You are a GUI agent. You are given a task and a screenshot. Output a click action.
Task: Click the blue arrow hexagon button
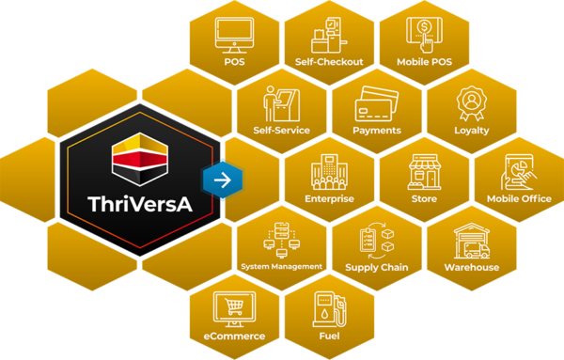[223, 179]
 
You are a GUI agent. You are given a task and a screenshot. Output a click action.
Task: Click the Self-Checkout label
[328, 63]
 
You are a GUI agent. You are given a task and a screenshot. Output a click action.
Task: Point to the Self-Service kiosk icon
[281, 102]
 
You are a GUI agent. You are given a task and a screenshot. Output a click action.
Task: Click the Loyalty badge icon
[471, 102]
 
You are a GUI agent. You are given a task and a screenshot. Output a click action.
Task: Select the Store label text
[424, 199]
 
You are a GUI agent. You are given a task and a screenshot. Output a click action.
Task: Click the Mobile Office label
[518, 199]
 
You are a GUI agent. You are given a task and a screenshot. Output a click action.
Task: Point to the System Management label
[282, 267]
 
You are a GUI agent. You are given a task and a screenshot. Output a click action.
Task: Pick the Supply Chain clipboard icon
[376, 239]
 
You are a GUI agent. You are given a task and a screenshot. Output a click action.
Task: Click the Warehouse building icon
[471, 240]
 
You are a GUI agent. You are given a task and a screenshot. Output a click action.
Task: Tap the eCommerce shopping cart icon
[235, 308]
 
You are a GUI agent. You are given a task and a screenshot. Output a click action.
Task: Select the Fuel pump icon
[328, 307]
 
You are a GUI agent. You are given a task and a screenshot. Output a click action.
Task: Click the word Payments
[376, 131]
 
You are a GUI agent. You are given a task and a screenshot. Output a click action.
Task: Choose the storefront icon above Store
[424, 172]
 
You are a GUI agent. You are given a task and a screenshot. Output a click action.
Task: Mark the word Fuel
[328, 336]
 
